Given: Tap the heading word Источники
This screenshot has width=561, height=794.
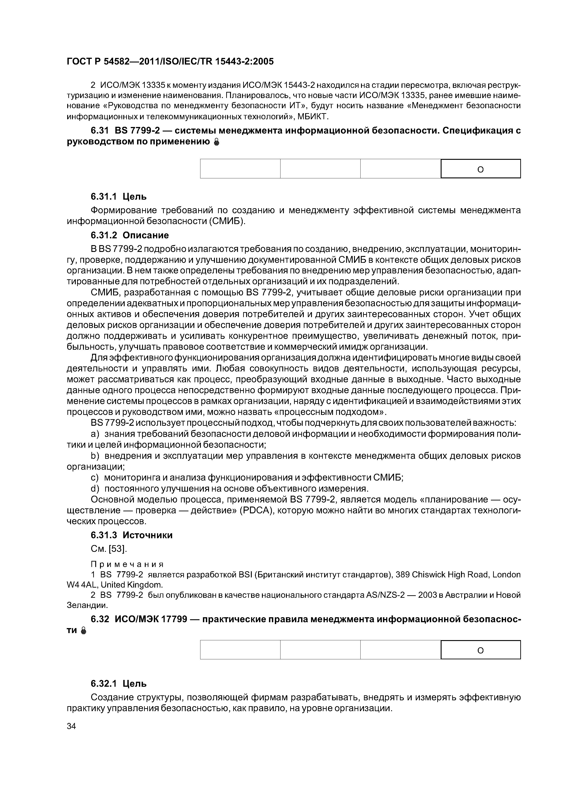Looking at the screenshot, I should (x=147, y=535).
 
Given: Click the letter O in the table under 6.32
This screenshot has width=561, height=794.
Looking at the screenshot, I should (x=480, y=651).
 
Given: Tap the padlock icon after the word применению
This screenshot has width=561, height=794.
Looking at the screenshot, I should (x=216, y=142).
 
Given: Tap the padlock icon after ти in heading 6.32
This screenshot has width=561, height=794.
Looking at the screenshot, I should (x=83, y=631).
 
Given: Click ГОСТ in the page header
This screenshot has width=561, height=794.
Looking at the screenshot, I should (x=79, y=62).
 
